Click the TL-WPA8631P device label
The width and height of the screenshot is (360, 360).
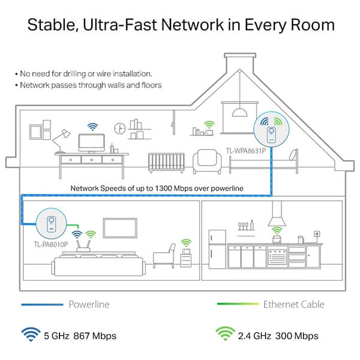point(245,151)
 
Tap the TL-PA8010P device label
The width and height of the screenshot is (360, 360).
point(51,245)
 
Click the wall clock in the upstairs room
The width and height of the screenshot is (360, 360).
point(120,128)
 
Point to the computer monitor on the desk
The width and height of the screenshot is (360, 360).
point(92,143)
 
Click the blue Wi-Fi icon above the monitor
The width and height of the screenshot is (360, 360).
point(92,127)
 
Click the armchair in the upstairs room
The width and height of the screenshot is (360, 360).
point(207,161)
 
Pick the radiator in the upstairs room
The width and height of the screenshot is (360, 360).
point(166,163)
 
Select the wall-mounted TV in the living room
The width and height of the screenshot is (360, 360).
point(120,228)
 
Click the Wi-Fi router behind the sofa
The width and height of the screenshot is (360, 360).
point(83,246)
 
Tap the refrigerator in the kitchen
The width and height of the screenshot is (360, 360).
point(217,249)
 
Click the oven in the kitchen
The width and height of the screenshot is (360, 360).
point(277,256)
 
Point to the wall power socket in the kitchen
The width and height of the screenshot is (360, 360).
point(317,234)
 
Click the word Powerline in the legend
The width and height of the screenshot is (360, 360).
point(89,304)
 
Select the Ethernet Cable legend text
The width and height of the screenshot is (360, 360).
point(293,304)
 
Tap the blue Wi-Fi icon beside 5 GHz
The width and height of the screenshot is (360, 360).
point(31,334)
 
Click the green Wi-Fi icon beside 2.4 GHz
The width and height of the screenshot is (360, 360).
point(225,334)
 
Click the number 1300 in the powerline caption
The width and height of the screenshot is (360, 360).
point(163,188)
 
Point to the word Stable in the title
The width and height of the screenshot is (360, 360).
point(51,25)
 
